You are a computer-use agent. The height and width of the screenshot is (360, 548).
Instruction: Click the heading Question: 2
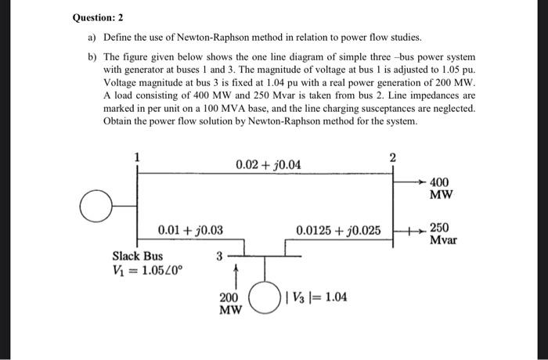click(99, 17)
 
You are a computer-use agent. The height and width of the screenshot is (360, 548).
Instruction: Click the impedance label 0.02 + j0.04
click(267, 165)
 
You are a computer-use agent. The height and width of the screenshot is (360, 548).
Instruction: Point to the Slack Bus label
click(138, 255)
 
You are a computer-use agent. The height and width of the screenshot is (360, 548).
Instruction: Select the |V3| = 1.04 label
click(317, 297)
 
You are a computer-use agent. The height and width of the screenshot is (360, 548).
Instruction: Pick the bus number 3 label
click(220, 254)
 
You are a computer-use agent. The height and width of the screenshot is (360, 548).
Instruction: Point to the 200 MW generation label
click(229, 304)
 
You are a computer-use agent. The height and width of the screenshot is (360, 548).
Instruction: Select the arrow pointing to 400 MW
click(412, 181)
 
